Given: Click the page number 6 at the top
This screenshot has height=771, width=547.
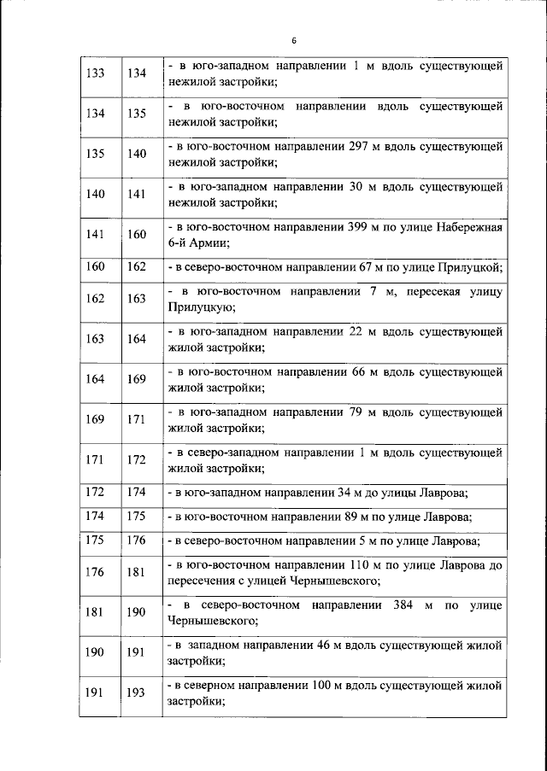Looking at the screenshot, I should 292,40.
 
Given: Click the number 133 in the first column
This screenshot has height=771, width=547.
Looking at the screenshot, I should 97,73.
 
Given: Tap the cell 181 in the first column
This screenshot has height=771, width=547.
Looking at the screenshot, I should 97,613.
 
